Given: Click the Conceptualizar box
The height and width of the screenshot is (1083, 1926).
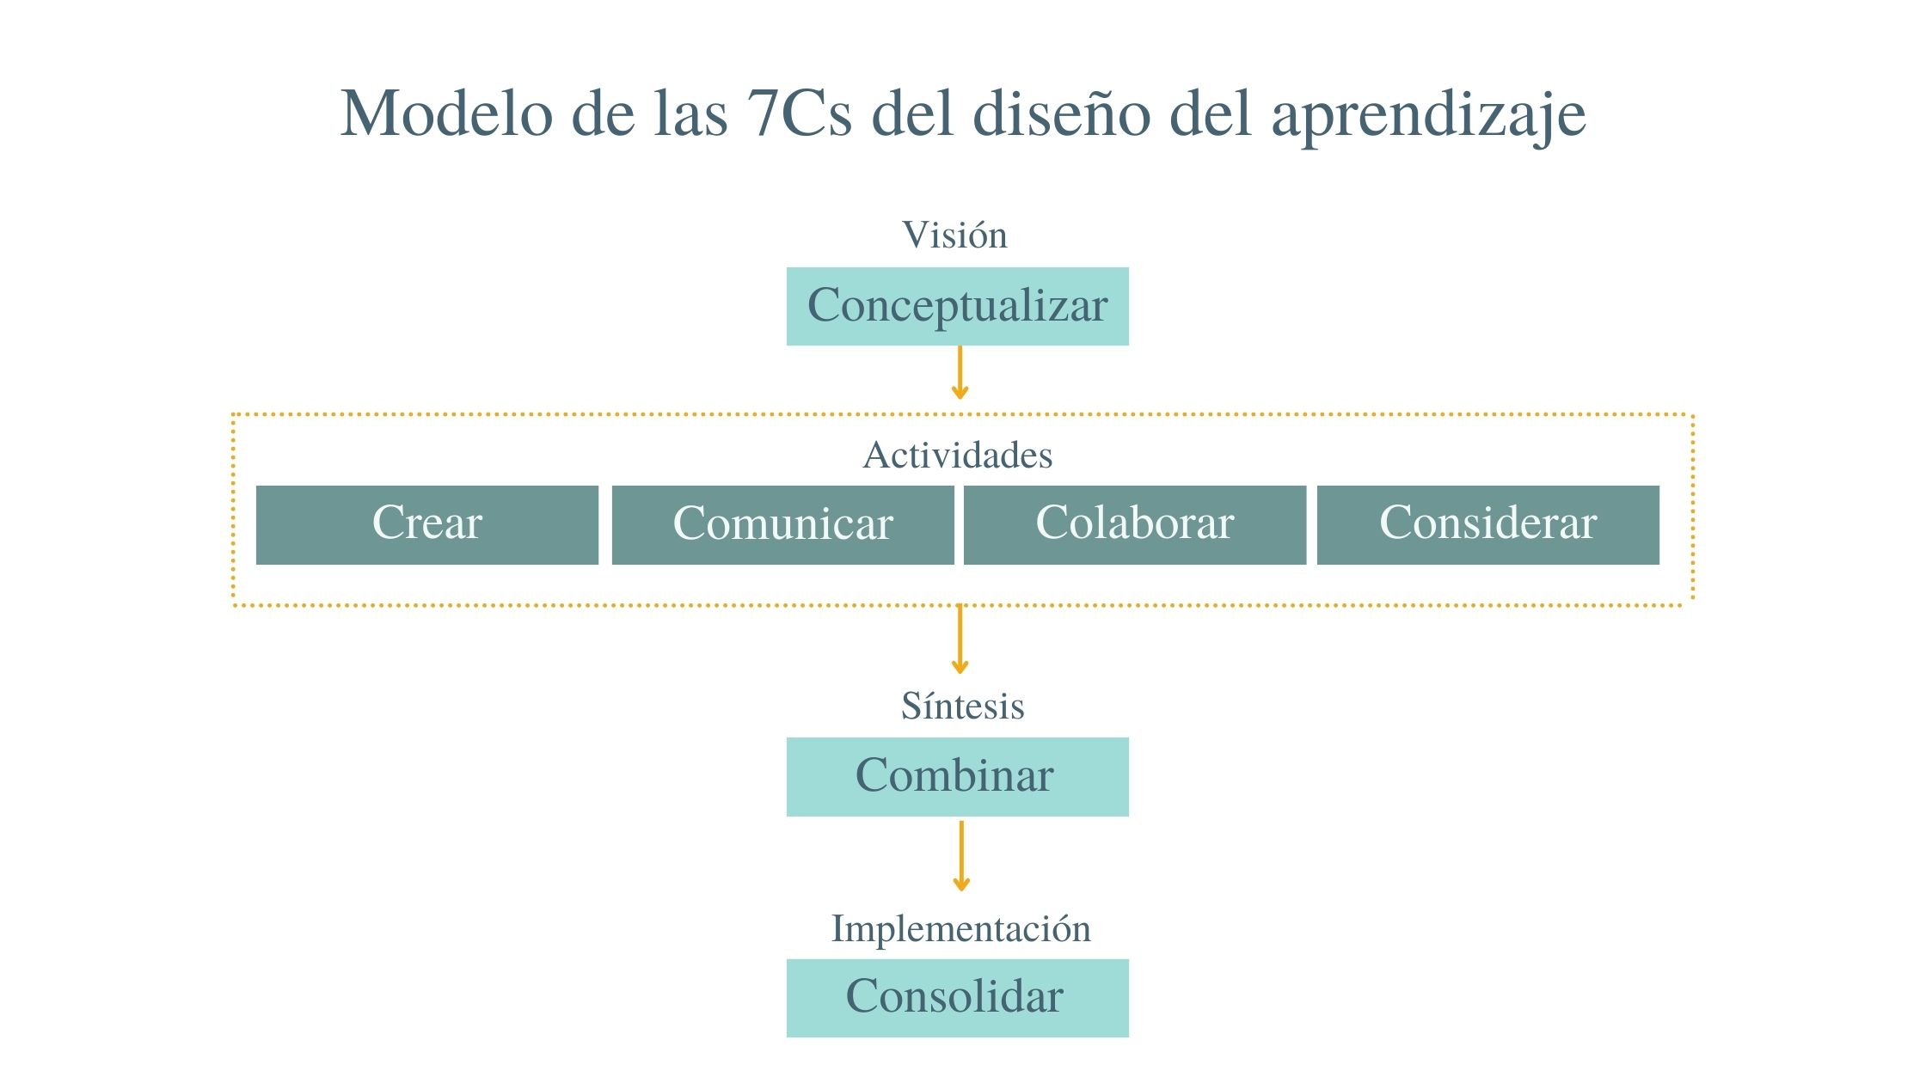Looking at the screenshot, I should (957, 306).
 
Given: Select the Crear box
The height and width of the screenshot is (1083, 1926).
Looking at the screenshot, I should (427, 524).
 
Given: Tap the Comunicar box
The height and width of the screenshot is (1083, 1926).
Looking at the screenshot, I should (782, 524).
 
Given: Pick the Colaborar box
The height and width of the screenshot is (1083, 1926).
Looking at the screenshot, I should (1134, 524).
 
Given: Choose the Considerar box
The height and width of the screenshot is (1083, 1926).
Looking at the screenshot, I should (1487, 524).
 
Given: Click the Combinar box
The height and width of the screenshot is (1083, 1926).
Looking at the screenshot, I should (957, 776).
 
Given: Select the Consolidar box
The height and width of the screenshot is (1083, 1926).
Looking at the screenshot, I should (957, 997).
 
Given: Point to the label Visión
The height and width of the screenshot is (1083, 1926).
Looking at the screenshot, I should (954, 235).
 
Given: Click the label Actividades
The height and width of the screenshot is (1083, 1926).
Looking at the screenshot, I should (957, 455).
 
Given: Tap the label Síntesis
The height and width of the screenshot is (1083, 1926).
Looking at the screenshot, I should (962, 706).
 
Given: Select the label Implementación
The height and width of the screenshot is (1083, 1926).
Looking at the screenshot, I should (960, 928).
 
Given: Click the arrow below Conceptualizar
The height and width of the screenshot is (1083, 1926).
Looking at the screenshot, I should (960, 373).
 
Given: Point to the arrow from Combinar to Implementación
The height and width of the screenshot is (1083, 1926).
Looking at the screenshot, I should (961, 856).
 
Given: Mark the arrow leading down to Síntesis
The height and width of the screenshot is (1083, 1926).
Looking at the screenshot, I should (960, 639).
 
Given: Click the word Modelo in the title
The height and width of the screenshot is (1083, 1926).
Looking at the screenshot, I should (445, 113).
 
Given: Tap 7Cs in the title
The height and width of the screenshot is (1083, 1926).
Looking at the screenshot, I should (799, 113).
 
